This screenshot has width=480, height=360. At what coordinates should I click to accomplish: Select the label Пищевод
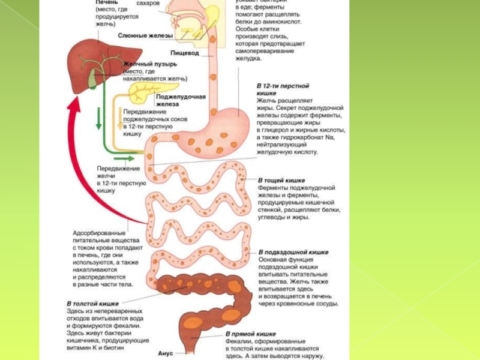(x=184, y=53)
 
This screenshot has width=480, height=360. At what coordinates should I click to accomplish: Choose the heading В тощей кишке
(x=281, y=180)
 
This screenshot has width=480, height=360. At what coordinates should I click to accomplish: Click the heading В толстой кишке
(x=89, y=304)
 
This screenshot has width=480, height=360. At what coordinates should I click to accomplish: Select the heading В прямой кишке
(x=251, y=334)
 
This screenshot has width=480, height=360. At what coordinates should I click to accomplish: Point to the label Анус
(x=165, y=353)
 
